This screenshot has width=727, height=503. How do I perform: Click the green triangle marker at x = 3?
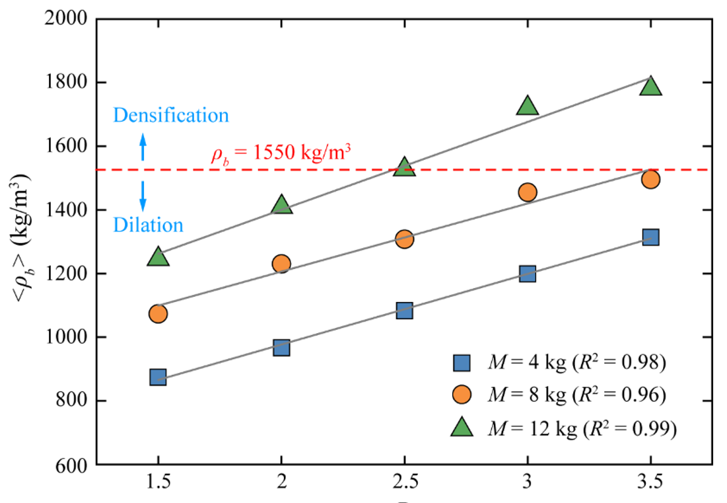tap(527, 106)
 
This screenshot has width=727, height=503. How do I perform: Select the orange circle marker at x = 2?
tap(281, 264)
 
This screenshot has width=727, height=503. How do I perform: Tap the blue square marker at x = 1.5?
tap(158, 377)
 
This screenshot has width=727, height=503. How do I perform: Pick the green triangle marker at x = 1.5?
tap(158, 257)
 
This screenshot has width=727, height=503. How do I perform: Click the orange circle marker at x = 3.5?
tap(650, 179)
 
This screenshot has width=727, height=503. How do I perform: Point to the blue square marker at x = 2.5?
tap(404, 310)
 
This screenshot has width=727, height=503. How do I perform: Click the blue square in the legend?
tap(462, 363)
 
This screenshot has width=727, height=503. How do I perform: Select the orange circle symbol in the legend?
tap(462, 395)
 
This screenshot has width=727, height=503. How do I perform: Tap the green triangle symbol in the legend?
tap(462, 428)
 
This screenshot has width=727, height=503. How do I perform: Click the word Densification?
tap(171, 116)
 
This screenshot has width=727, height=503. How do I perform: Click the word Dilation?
tap(148, 225)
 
